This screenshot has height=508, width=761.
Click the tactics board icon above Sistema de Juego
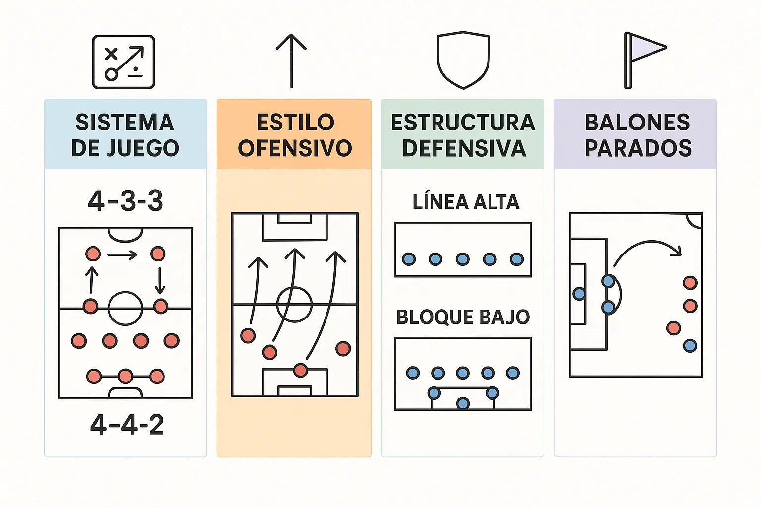point(123,62)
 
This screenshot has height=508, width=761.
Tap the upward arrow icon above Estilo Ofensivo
point(291,61)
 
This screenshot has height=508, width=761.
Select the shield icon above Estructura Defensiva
point(463,60)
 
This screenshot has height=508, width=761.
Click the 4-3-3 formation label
point(125,201)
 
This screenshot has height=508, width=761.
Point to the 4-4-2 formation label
point(127,425)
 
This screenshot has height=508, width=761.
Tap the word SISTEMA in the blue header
point(125,123)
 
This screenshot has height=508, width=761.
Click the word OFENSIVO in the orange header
point(295,148)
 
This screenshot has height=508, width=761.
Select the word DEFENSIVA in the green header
point(464,148)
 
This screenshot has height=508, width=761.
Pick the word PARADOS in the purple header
point(638,148)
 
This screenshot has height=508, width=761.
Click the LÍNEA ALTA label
point(466,202)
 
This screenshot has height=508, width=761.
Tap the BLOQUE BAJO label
point(463,317)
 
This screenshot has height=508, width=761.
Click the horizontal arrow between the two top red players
point(122,255)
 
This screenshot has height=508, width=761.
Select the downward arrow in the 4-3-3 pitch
point(160,281)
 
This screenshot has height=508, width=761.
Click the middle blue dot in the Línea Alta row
point(463,259)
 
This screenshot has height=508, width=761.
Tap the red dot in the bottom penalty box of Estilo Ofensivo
point(300,370)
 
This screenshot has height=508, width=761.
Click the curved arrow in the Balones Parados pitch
point(647,248)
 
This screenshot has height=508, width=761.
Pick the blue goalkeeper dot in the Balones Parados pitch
point(579,294)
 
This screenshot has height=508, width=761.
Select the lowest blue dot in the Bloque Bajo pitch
point(463,403)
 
